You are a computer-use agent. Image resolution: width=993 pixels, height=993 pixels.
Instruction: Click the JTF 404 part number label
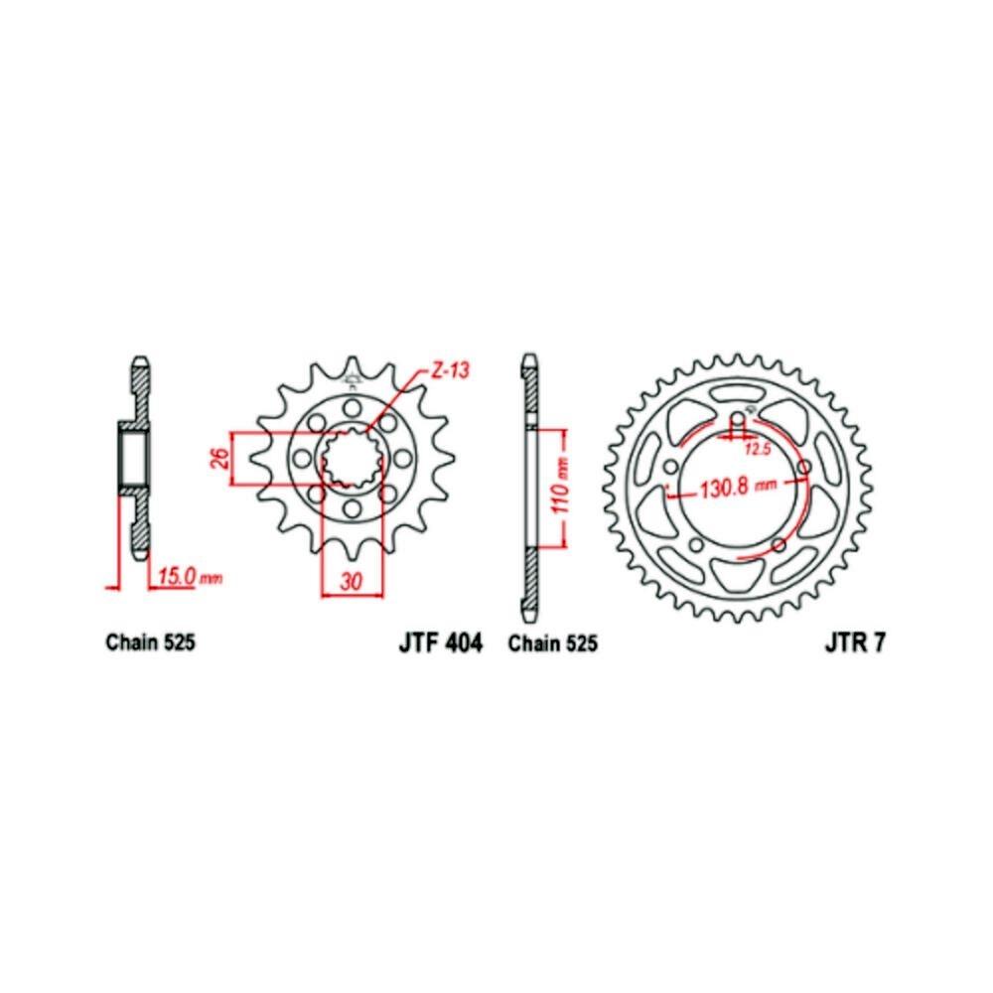(x=441, y=642)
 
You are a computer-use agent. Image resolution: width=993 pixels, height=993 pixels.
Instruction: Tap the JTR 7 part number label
(x=854, y=642)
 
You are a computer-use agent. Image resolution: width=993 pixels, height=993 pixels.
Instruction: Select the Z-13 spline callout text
(x=450, y=370)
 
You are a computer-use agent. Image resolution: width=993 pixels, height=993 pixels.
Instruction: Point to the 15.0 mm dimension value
(x=190, y=577)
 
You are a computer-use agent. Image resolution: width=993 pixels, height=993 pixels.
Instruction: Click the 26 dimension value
(x=218, y=459)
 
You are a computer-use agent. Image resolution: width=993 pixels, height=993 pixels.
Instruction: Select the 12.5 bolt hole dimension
(x=758, y=450)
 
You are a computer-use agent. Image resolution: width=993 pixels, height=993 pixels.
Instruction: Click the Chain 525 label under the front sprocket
(x=151, y=642)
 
